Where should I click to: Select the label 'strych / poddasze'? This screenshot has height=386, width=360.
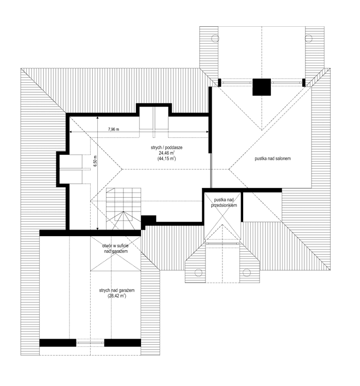pos(167,148)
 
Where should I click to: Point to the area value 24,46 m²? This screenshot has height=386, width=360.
pos(167,153)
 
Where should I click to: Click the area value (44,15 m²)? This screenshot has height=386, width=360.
pos(167,159)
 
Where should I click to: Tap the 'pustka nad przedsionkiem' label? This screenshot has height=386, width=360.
pos(224,202)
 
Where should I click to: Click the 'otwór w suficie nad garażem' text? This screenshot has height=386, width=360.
pos(115,249)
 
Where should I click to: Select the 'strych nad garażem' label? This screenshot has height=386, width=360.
pos(117,291)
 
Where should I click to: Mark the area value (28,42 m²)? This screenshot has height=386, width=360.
pos(117,296)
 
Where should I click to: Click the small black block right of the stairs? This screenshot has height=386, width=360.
pos(148,220)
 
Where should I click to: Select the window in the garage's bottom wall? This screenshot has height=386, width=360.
pos(90,342)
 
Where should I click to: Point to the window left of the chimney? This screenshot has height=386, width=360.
pos(236,82)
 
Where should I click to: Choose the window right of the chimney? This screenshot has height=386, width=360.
pos(286,82)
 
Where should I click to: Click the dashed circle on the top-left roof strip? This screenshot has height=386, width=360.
pos(213,37)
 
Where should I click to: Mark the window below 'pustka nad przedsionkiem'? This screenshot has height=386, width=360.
pos(224,244)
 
